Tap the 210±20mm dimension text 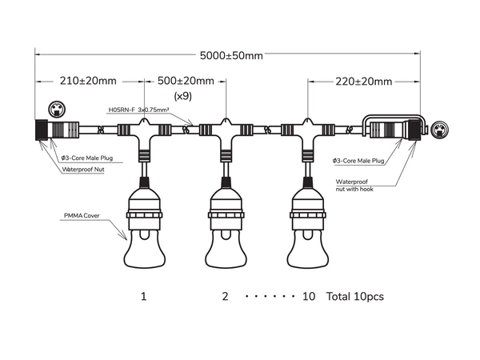(88, 82)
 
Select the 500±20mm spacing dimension (186, 82)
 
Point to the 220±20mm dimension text (364, 82)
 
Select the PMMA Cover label (82, 216)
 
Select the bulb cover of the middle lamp (226, 248)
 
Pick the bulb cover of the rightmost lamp (307, 248)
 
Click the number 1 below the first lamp (143, 297)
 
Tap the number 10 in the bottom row (310, 297)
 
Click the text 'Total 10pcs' (355, 297)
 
